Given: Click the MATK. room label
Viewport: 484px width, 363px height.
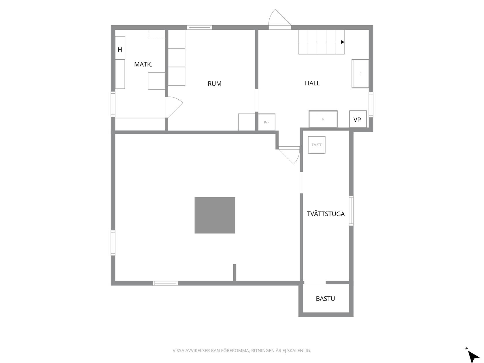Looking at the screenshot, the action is pos(143,64).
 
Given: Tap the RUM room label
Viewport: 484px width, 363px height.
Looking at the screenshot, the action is pos(215,84).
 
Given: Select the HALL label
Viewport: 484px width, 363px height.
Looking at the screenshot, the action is pos(312,83).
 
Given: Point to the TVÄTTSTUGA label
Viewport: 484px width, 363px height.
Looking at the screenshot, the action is pos(326,214).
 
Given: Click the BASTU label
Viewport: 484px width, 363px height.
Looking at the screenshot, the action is pos(325,299).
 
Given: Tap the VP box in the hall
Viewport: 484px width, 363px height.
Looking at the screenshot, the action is pos(358,119).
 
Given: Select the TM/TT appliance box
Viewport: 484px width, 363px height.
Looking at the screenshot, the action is pos(317,145).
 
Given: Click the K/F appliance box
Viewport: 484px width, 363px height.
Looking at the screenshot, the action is pos(266,122).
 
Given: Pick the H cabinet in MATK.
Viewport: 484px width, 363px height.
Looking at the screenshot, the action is pos(120,48).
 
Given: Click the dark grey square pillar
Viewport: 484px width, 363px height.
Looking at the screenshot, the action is pos(215,215).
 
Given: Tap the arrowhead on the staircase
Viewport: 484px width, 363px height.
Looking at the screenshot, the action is pos(343,42).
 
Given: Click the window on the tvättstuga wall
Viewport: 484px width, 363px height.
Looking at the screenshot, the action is pos(351,211).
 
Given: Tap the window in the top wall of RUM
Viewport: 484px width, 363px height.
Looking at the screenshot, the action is pos(200,28).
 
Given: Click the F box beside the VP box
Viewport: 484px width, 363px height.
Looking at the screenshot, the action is pos(323,119).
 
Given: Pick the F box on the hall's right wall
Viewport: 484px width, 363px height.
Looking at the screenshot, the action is pos(360,74).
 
